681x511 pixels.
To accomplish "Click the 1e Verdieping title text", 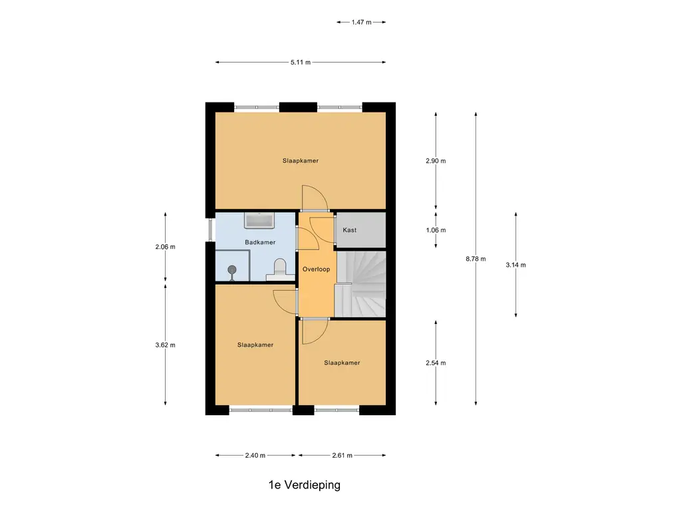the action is click(x=305, y=485).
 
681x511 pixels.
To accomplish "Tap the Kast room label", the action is click(x=350, y=230).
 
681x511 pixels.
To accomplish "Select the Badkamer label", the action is click(x=260, y=242).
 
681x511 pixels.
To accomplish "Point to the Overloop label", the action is click(x=316, y=269).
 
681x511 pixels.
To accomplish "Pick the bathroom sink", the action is click(x=259, y=220).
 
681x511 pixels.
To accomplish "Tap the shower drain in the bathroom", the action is click(x=232, y=271).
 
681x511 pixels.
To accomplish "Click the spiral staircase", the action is click(x=361, y=283).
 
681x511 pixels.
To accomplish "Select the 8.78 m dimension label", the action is click(x=476, y=259).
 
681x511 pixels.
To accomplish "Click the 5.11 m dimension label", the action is click(x=301, y=62).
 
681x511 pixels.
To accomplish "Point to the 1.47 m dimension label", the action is click(x=361, y=22).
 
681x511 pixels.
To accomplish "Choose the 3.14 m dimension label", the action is click(x=515, y=265).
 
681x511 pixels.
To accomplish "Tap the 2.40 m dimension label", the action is click(x=255, y=455).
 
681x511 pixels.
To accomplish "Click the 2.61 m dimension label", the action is click(x=342, y=455).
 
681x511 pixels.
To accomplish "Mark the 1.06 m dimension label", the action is click(x=436, y=230).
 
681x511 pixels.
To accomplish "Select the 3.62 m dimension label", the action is click(x=165, y=345).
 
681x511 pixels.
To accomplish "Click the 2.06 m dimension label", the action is click(x=165, y=247).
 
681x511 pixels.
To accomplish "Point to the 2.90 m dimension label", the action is click(x=436, y=161).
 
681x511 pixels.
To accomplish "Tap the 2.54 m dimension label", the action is click(x=436, y=363).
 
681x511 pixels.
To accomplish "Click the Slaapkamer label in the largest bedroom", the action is click(x=301, y=161).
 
